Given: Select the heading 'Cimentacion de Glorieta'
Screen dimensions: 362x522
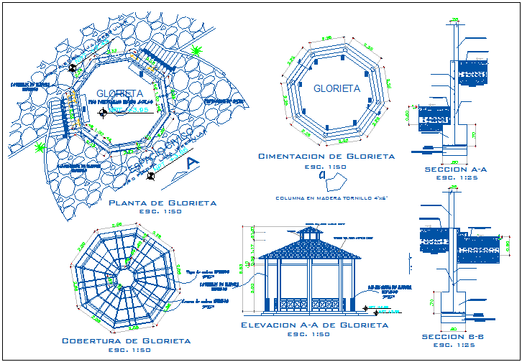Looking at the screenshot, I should click(x=326, y=157).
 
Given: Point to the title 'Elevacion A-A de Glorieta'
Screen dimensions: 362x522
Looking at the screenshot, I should click(x=316, y=325).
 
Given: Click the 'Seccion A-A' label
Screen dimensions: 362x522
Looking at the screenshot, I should click(x=456, y=169).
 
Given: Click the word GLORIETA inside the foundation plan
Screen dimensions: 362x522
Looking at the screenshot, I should click(x=336, y=88).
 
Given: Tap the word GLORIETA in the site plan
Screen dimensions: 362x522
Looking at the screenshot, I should click(x=119, y=93).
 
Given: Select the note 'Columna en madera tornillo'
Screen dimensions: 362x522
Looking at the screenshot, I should click(x=326, y=197).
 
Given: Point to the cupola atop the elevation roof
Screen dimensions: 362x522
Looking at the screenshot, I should click(x=309, y=234).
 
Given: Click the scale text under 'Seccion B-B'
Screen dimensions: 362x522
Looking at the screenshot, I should click(x=456, y=345).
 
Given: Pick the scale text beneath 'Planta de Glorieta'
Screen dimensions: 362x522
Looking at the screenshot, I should click(x=161, y=213).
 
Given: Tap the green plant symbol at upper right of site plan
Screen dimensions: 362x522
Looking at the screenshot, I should click(x=196, y=51).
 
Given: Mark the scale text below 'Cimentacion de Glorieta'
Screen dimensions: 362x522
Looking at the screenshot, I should click(x=326, y=166).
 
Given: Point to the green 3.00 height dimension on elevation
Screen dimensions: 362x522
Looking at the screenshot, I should click(x=252, y=289).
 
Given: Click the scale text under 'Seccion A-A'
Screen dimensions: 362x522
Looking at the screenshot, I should click(x=456, y=177).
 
